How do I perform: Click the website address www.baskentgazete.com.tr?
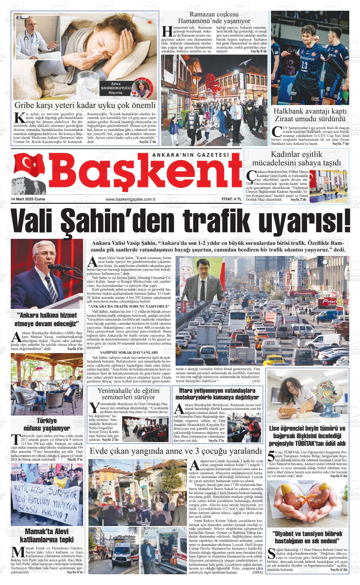coord(131,199)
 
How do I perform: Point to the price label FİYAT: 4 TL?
coord(231,199)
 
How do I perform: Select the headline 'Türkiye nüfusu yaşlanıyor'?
coord(47,424)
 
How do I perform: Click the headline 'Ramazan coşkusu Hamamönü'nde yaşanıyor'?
coord(214,18)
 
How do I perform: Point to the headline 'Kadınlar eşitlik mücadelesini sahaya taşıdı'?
coord(296,159)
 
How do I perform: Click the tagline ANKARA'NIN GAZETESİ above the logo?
coord(190,155)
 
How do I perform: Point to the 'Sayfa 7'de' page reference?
coord(340,144)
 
